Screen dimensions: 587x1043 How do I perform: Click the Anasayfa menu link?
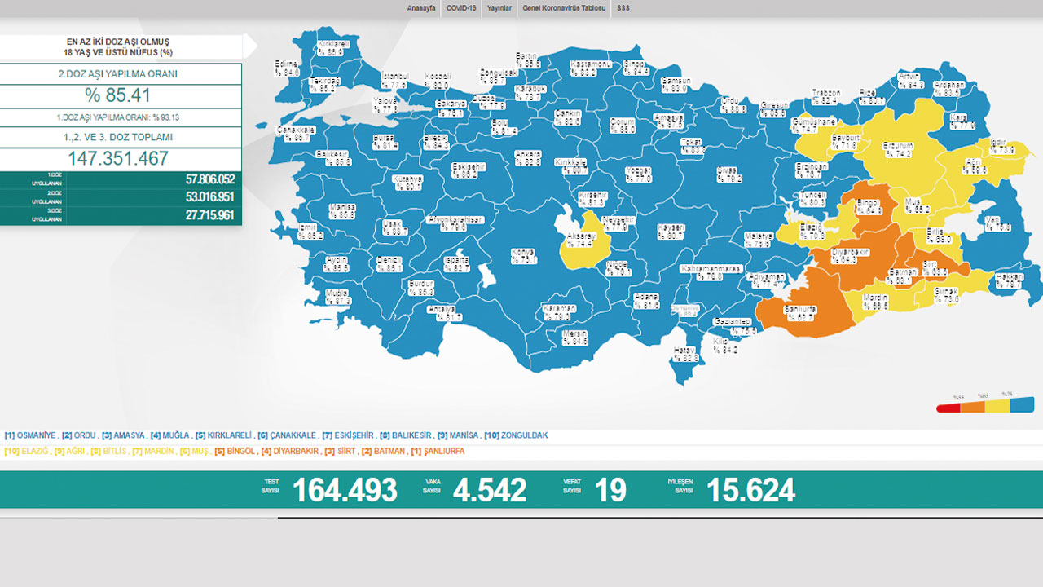[420, 8]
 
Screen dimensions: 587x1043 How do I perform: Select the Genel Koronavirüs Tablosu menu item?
[564, 8]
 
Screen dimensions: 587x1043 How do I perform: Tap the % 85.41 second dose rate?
[117, 95]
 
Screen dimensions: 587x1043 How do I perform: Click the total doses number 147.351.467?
[118, 158]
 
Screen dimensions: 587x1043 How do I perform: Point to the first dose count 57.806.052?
[199, 179]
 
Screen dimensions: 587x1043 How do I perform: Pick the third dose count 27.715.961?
[199, 215]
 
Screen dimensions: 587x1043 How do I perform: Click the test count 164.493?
[345, 490]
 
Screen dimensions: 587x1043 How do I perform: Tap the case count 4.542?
[490, 490]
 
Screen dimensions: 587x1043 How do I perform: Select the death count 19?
[610, 490]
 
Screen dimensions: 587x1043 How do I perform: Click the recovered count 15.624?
[750, 490]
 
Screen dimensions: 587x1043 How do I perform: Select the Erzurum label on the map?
[898, 147]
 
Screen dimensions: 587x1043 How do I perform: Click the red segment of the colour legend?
[948, 407]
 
